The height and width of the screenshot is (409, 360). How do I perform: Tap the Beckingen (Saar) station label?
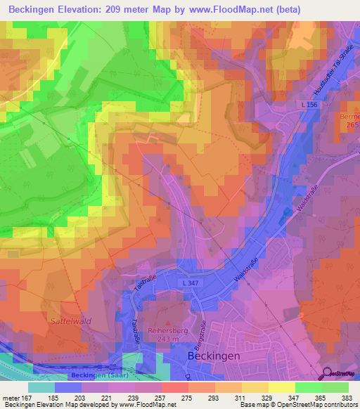95,376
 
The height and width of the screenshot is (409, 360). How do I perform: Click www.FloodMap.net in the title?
233,10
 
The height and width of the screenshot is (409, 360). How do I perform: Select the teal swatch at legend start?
41,387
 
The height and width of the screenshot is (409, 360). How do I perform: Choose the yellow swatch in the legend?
282,387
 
